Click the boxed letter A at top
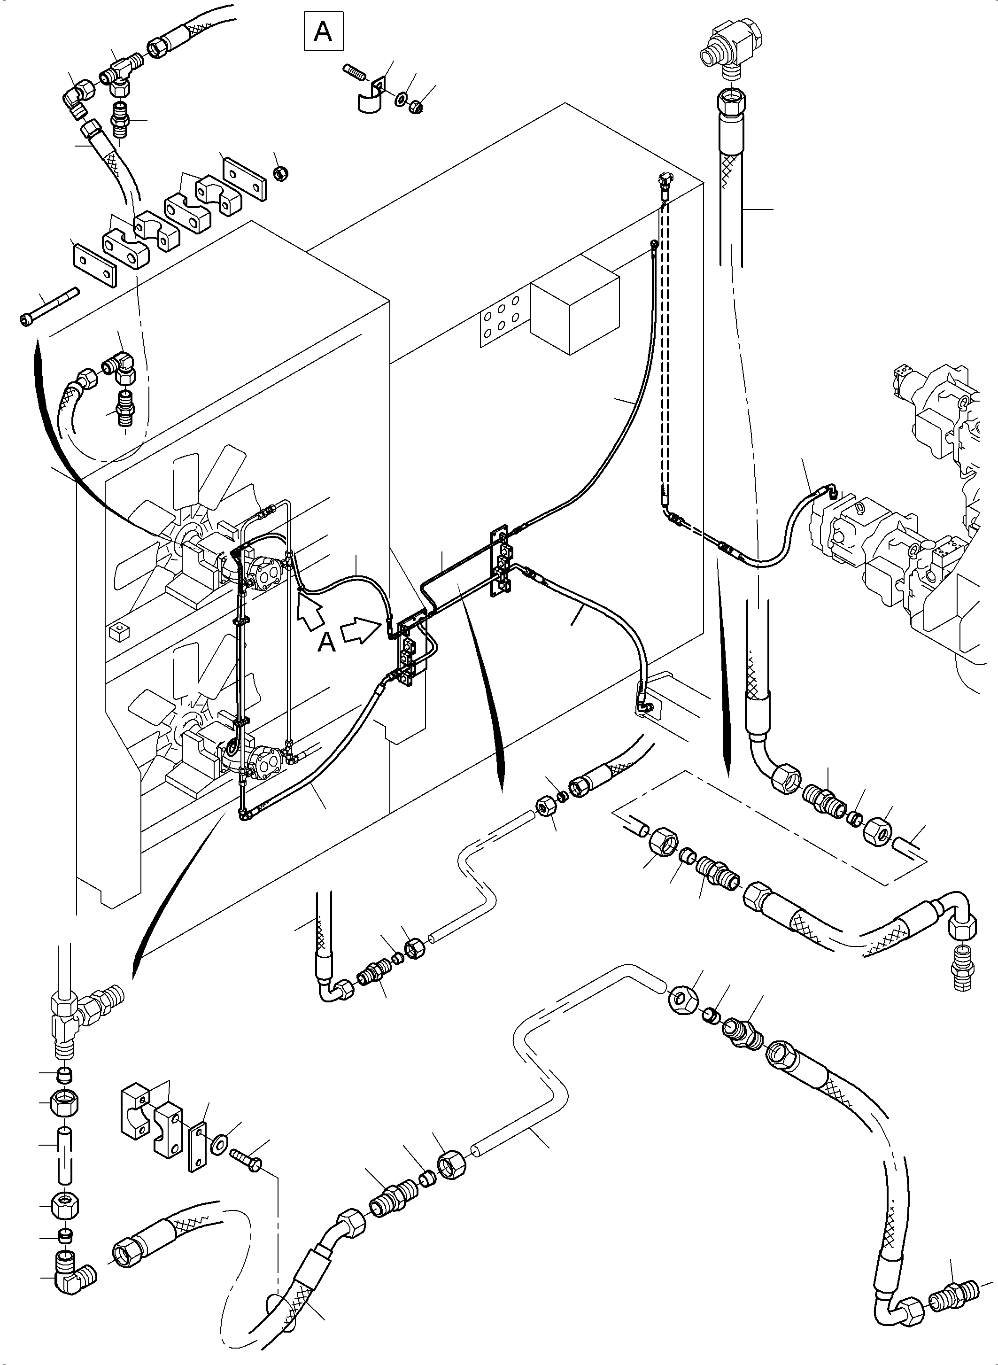tap(323, 31)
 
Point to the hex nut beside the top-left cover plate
tap(280, 173)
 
